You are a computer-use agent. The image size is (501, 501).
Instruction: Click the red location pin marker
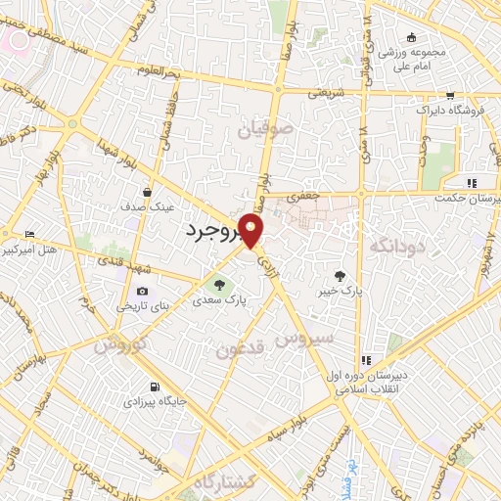pyautogui.click(x=252, y=232)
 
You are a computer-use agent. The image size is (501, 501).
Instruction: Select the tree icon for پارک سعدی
pyautogui.click(x=218, y=286)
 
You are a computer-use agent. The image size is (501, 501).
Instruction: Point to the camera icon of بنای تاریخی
pyautogui.click(x=143, y=291)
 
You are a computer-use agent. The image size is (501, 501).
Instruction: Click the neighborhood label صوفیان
pyautogui.click(x=261, y=128)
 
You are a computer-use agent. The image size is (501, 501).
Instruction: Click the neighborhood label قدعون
pyautogui.click(x=240, y=349)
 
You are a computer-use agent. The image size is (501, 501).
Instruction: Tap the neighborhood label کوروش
pyautogui.click(x=120, y=345)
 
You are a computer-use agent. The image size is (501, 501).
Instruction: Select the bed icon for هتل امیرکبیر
pyautogui.click(x=29, y=234)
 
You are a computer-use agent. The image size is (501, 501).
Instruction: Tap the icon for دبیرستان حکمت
pyautogui.click(x=471, y=182)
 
